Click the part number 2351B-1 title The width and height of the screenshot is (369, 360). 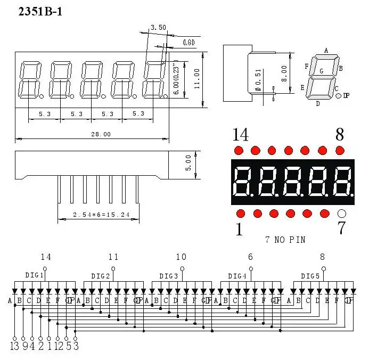pos(40,11)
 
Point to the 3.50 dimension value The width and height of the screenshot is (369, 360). pos(158,27)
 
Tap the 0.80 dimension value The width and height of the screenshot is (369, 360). pos(188,43)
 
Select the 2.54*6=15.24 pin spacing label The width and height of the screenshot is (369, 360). pos(98,216)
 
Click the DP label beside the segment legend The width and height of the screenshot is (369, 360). pos(346,96)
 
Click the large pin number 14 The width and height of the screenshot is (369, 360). pos(240,135)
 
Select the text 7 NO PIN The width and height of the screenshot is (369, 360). pos(285,240)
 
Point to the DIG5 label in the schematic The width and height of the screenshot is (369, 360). pos(310,275)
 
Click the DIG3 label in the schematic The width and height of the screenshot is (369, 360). pos(169,275)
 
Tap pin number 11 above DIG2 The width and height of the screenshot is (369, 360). pos(113,257)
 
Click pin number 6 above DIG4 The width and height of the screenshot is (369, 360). pos(250,257)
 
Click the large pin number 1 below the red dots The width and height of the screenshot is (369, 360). pos(239,230)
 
